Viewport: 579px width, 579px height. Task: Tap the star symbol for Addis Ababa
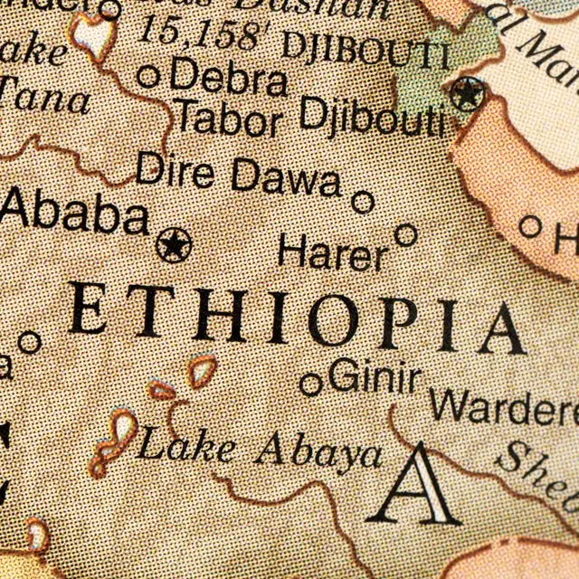click(x=174, y=244)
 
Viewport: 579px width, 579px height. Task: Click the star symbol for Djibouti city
click(x=468, y=91)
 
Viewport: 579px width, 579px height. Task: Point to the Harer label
click(x=332, y=252)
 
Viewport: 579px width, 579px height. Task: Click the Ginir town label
click(x=375, y=374)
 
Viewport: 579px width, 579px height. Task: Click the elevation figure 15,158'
click(x=205, y=34)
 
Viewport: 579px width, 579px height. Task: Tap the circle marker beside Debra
click(x=149, y=76)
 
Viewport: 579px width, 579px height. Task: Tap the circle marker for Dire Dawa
click(x=363, y=202)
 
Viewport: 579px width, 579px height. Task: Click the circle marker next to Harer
click(x=406, y=235)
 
